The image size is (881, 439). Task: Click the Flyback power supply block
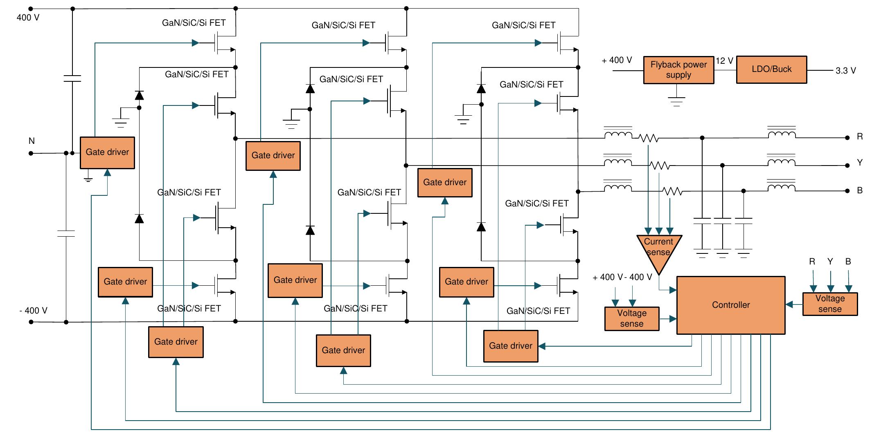click(678, 70)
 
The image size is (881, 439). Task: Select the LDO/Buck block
click(771, 69)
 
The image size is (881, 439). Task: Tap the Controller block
click(730, 305)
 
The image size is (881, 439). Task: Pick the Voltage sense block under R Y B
click(829, 304)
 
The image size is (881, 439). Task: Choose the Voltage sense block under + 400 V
click(631, 318)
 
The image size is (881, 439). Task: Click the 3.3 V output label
click(845, 71)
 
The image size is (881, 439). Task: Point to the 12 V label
click(724, 61)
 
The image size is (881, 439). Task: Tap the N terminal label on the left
click(32, 141)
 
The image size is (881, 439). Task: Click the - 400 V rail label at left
click(34, 311)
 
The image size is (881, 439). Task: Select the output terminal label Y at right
click(860, 163)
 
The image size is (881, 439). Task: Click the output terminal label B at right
click(860, 190)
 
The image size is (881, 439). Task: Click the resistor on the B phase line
click(672, 191)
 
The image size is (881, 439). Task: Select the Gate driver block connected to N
click(107, 152)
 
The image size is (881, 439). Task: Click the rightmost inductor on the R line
click(782, 135)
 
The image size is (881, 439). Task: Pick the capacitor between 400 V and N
click(72, 78)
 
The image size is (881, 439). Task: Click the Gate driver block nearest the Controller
click(510, 346)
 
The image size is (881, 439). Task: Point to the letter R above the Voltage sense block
click(812, 262)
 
